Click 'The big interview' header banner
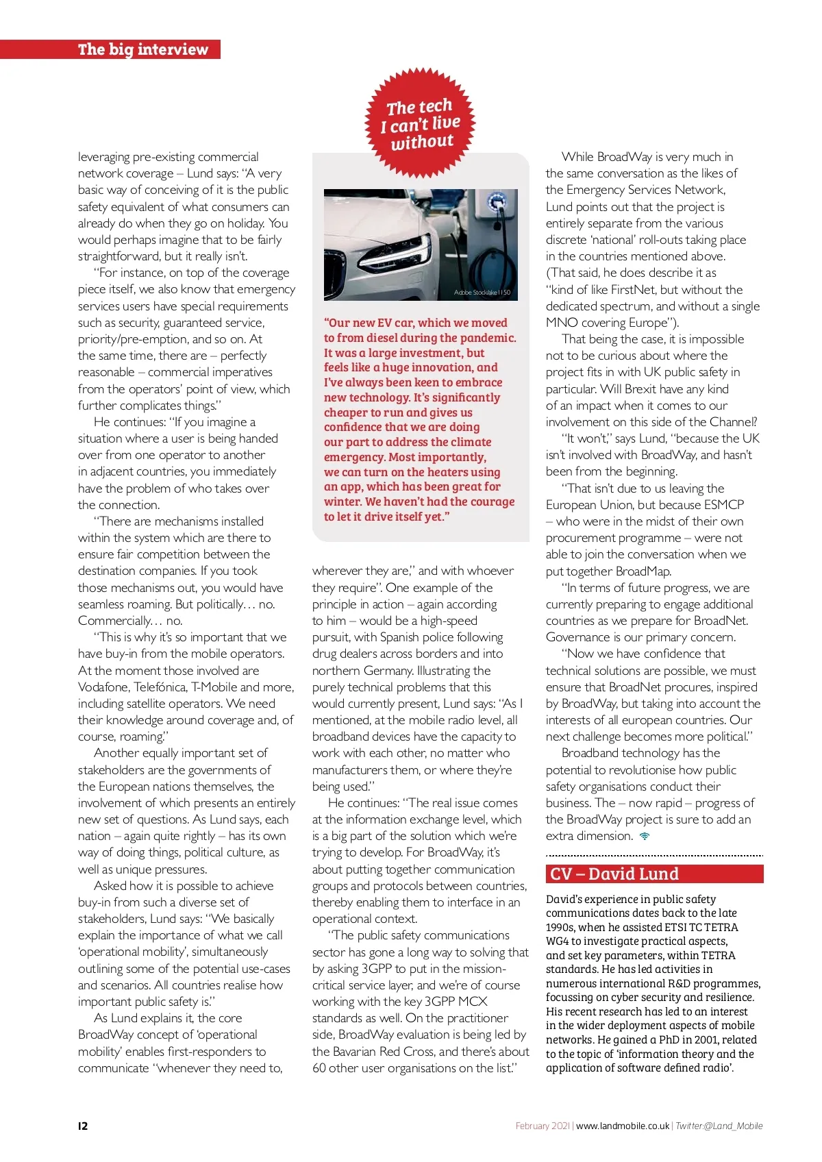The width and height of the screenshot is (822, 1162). (x=142, y=49)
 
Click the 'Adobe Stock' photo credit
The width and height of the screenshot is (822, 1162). (x=482, y=293)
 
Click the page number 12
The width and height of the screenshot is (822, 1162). (x=83, y=1126)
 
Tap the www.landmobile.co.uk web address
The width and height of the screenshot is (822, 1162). (x=622, y=1126)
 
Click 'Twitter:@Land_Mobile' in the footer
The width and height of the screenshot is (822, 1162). (x=719, y=1126)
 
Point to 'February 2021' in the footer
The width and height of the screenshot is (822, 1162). (x=543, y=1126)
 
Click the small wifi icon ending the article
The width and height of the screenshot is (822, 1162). (x=645, y=836)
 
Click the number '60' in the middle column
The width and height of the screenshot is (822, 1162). (x=319, y=1067)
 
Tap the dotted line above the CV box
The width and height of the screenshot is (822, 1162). (x=654, y=856)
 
